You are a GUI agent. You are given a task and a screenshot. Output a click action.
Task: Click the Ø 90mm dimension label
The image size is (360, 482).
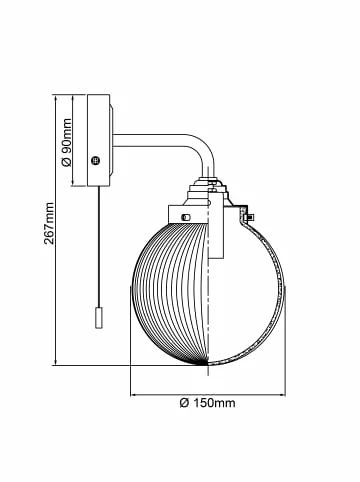[x=67, y=142]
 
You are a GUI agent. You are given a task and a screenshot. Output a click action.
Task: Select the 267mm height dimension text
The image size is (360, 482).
[x=49, y=223]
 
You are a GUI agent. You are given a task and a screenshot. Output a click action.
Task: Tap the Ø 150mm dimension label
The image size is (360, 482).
[x=207, y=403]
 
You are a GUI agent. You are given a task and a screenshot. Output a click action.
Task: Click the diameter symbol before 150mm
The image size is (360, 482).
[x=184, y=403]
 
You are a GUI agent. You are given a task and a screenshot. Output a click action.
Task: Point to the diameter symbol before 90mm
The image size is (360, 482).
[x=67, y=162]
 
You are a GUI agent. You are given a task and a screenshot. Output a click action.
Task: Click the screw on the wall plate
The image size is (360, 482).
[x=96, y=160]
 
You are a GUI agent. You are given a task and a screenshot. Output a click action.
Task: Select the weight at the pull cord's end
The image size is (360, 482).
[x=98, y=318]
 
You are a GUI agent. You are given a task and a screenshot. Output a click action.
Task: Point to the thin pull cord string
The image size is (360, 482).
[x=98, y=247]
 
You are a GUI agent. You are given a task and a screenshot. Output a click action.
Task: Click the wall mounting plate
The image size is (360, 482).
[x=98, y=140]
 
